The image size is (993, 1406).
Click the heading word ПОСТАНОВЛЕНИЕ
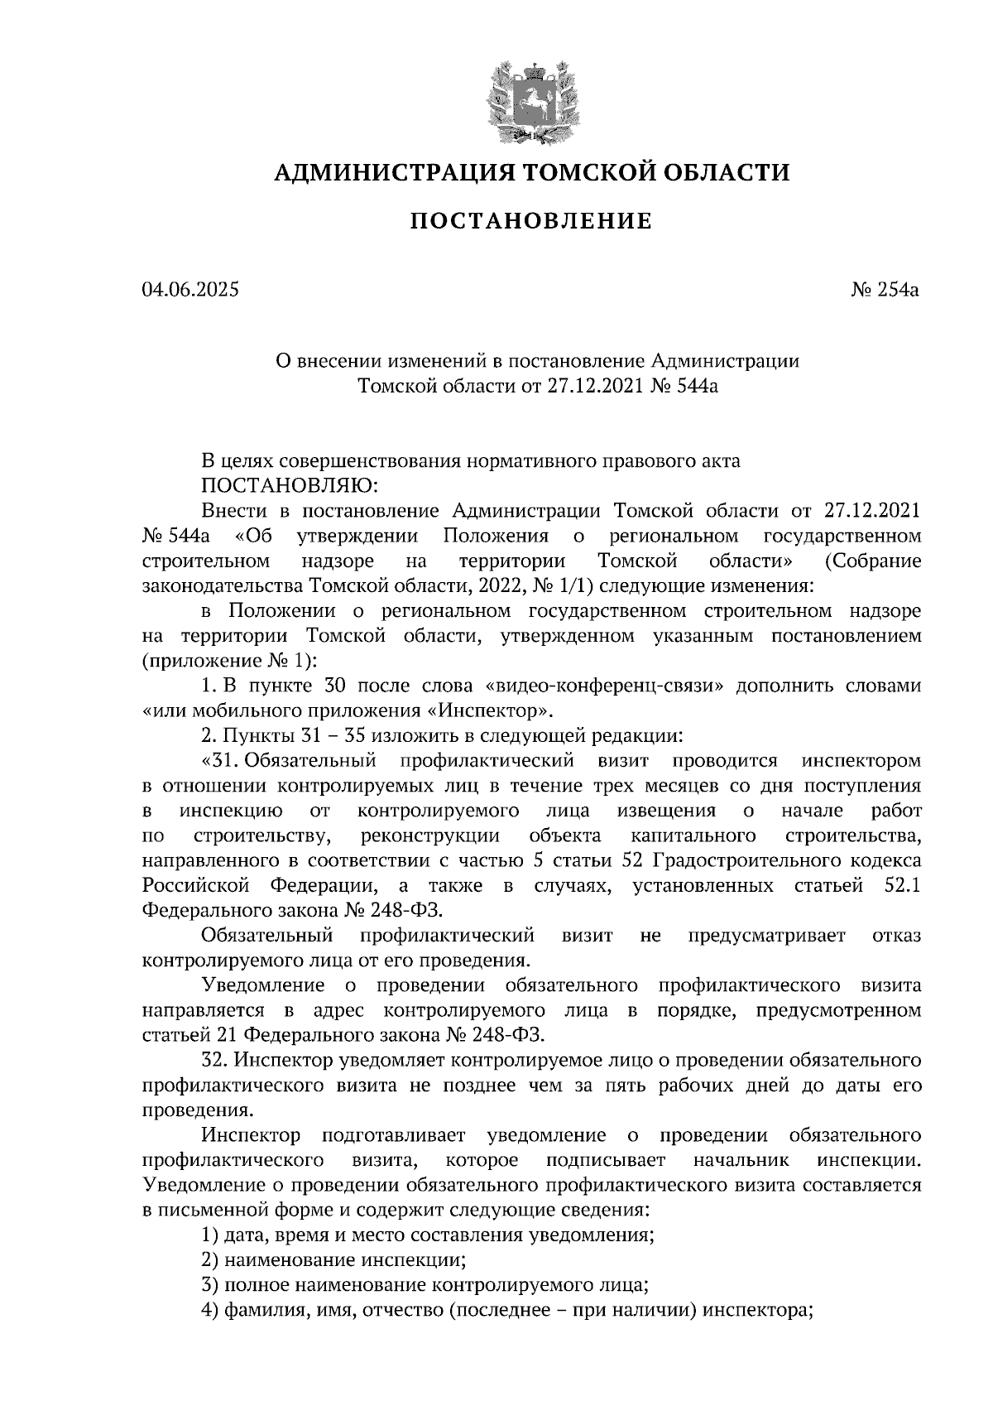[x=531, y=221]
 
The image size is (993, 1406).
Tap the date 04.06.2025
[x=190, y=290]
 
